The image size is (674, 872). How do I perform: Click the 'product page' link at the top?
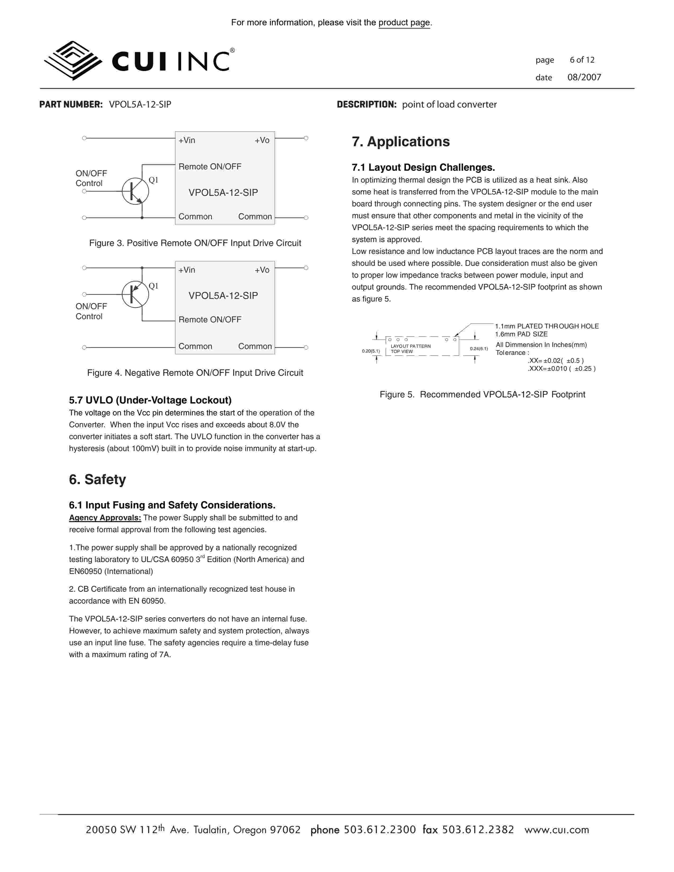coord(404,23)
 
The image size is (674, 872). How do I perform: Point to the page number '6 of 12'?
coord(582,60)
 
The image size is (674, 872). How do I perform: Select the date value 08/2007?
coord(584,77)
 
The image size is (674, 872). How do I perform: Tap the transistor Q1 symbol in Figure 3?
coord(135,192)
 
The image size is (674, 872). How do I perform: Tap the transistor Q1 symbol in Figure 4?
coord(135,294)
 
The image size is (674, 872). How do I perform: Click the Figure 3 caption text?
coord(195,243)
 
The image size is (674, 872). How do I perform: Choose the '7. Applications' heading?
coord(400,142)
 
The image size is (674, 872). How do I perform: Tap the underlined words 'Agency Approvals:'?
coord(105,518)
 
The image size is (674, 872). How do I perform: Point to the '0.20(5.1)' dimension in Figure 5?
coord(371,351)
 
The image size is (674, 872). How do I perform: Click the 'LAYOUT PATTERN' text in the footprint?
coord(410,346)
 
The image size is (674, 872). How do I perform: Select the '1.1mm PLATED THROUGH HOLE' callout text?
coord(547,326)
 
